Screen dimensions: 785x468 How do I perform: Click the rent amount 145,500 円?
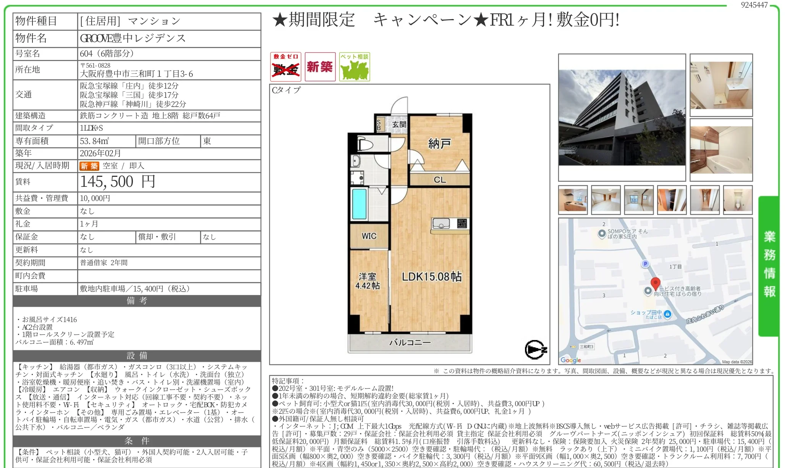(118, 182)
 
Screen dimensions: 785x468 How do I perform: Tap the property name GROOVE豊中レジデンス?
(133, 38)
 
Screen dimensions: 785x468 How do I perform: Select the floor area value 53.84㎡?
(94, 141)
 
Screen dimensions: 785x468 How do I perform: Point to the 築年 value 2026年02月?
(100, 153)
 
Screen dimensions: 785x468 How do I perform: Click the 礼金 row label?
(23, 224)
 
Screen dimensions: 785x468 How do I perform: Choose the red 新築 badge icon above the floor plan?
(320, 67)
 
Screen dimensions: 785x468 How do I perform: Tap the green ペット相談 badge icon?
(355, 67)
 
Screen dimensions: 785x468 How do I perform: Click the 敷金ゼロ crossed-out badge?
(286, 67)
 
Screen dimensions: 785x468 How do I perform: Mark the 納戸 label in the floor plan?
(439, 144)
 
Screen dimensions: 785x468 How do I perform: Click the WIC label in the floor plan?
(369, 236)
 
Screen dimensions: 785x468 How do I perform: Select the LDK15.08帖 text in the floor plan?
(432, 276)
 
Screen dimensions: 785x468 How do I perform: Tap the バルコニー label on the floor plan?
(410, 342)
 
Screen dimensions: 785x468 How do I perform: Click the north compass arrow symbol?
(536, 350)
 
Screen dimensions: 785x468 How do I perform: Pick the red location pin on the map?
(656, 284)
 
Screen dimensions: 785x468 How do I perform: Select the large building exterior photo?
(622, 118)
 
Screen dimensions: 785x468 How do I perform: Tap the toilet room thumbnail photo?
(738, 200)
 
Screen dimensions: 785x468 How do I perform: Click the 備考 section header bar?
(137, 301)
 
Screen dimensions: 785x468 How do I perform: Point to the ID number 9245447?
(754, 5)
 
